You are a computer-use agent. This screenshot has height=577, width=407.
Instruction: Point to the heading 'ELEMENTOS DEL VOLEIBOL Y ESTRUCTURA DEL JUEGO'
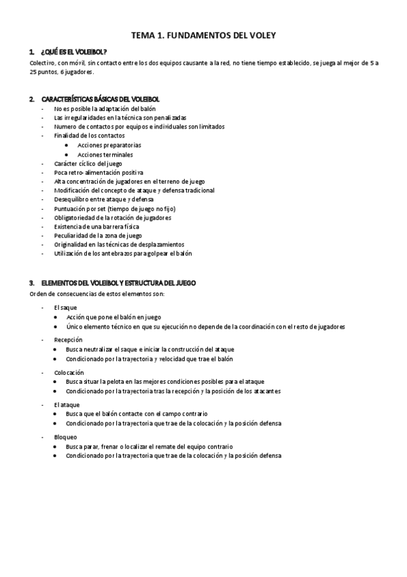[x=117, y=283]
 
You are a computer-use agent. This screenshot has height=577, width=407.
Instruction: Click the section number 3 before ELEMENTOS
[x=31, y=283]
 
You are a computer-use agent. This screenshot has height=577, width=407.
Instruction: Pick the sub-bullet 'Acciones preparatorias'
[x=109, y=146]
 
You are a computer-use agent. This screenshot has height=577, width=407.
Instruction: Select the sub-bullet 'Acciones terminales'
[x=105, y=154]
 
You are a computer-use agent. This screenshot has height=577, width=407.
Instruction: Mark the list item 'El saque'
[x=66, y=308]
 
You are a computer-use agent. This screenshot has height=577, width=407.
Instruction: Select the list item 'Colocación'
[x=69, y=372]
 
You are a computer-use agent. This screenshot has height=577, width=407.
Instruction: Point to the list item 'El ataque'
[x=67, y=404]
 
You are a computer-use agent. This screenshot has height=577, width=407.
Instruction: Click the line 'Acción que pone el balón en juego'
[x=113, y=317]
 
